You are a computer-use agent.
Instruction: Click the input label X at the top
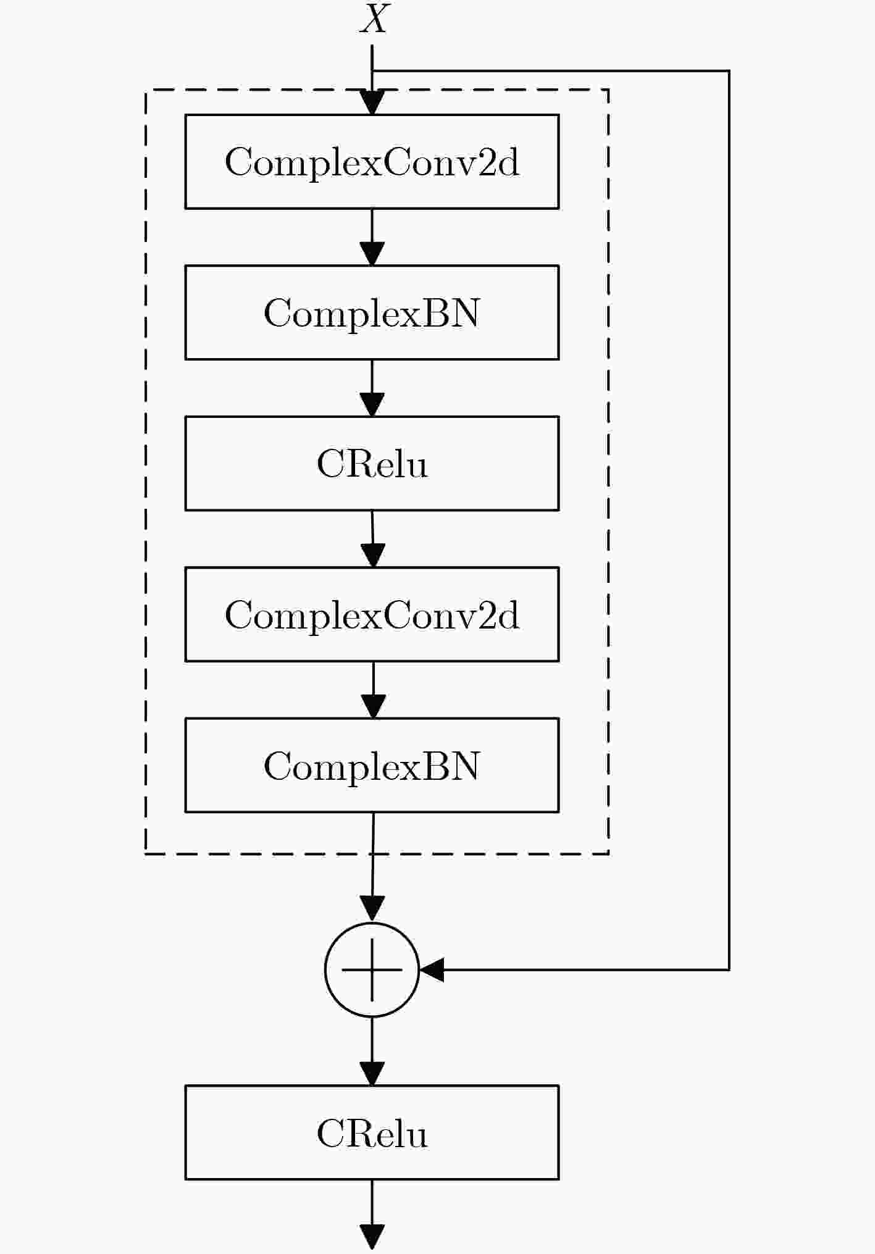pos(374,19)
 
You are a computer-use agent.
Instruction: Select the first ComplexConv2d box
pos(372,161)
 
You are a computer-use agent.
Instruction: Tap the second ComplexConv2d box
pos(372,614)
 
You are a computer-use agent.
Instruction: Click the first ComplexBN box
pos(372,312)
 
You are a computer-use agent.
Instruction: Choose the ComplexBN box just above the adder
pos(372,765)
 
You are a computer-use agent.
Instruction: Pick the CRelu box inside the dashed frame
pos(372,463)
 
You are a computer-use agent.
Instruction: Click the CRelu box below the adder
pos(372,1132)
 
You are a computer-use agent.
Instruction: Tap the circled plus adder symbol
pos(372,969)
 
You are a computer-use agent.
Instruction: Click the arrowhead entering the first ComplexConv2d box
pos(372,103)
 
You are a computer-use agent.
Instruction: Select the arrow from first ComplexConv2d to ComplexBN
pos(372,237)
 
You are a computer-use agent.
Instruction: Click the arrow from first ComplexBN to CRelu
pos(372,388)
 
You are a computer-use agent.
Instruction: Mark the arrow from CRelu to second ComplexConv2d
pos(372,539)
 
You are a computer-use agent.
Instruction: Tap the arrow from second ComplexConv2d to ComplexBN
pos(373,690)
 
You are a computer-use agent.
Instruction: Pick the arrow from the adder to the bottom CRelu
pos(372,1051)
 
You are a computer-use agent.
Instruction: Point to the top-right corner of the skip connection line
pos(729,71)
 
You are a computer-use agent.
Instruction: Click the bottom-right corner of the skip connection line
pos(729,969)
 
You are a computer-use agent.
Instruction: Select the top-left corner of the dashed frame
pos(146,90)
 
